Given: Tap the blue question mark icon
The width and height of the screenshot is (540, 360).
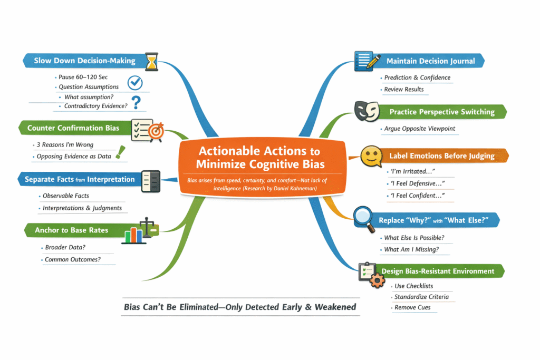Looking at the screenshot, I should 137,102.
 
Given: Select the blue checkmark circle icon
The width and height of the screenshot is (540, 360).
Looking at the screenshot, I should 136,82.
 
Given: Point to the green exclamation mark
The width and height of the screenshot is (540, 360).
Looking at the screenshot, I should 122,152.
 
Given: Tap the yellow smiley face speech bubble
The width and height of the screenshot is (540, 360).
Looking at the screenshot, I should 371,156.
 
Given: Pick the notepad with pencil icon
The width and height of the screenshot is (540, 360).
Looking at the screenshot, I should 369,60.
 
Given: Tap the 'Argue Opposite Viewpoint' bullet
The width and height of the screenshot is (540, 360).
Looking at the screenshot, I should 419,129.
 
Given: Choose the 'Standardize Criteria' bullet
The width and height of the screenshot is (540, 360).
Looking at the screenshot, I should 421,297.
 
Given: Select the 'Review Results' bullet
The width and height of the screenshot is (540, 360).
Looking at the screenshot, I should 403,89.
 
